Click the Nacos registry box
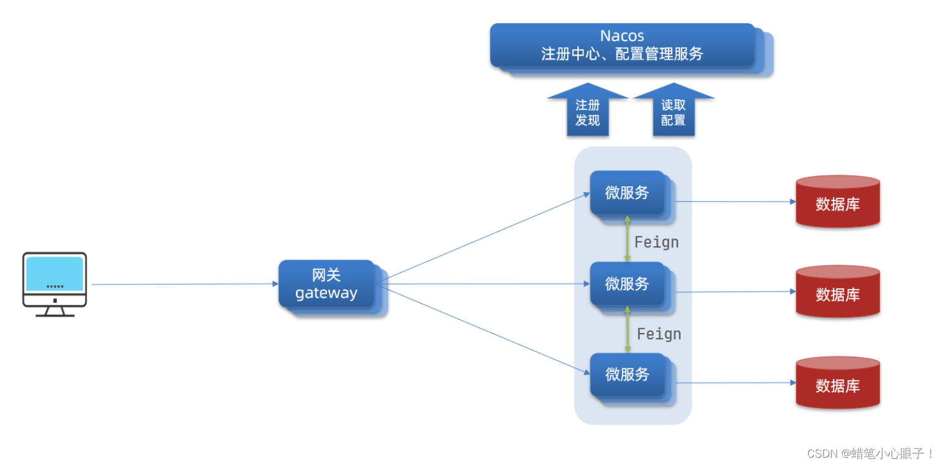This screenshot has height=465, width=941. coord(622,45)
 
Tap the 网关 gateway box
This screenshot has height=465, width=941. coord(326,284)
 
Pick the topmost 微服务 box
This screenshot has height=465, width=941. coord(627,192)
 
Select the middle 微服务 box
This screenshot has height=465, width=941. coord(627,284)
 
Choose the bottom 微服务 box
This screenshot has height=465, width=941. coord(627,375)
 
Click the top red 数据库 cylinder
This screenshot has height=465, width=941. coord(837,202)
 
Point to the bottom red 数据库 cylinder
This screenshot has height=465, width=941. coord(837,383)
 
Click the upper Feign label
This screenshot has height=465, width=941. coord(656,243)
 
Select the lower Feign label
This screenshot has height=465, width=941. coord(659,334)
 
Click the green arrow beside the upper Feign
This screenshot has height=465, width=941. coord(627,238)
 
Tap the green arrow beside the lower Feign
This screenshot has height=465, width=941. coord(627,329)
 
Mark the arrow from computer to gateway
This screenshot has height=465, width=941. coord(183,284)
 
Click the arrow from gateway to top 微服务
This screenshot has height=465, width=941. coord(483,238)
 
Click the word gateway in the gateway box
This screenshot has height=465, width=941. coord(326,293)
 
